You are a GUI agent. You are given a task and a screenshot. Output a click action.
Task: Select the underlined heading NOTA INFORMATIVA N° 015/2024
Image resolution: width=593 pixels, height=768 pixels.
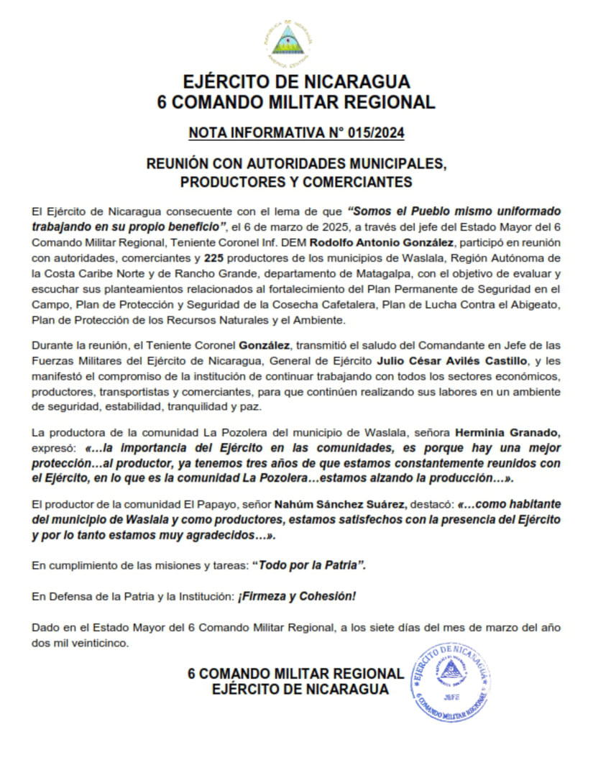tap(296, 134)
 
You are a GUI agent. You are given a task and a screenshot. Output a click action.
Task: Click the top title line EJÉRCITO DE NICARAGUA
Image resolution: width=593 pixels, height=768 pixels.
tap(296, 81)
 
